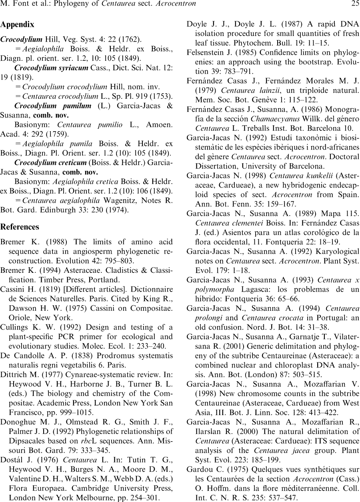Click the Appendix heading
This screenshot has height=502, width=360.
(17, 24)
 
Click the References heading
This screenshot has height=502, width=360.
(20, 227)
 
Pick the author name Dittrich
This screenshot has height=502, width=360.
(14, 374)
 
